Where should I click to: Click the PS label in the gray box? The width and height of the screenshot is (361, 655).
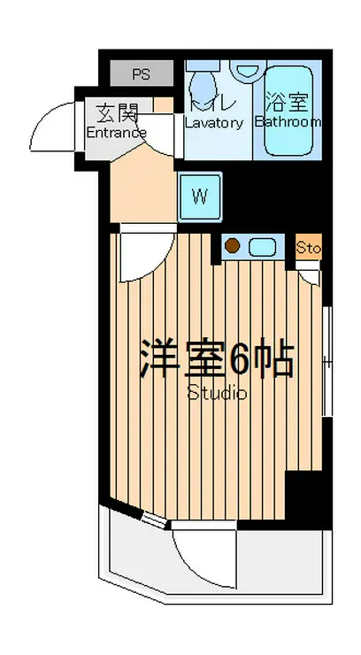point(141,73)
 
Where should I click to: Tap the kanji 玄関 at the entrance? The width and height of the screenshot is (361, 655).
point(117,113)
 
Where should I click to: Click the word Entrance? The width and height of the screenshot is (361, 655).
point(116,133)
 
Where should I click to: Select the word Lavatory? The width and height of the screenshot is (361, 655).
point(213,123)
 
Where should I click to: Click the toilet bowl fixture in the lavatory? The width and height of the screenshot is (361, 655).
point(204,87)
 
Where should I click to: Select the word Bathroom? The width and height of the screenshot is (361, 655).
point(288,122)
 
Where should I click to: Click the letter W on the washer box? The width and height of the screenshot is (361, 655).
point(200,196)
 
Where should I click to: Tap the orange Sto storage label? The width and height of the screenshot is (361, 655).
point(309,248)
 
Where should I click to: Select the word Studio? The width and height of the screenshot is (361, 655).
point(217,393)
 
